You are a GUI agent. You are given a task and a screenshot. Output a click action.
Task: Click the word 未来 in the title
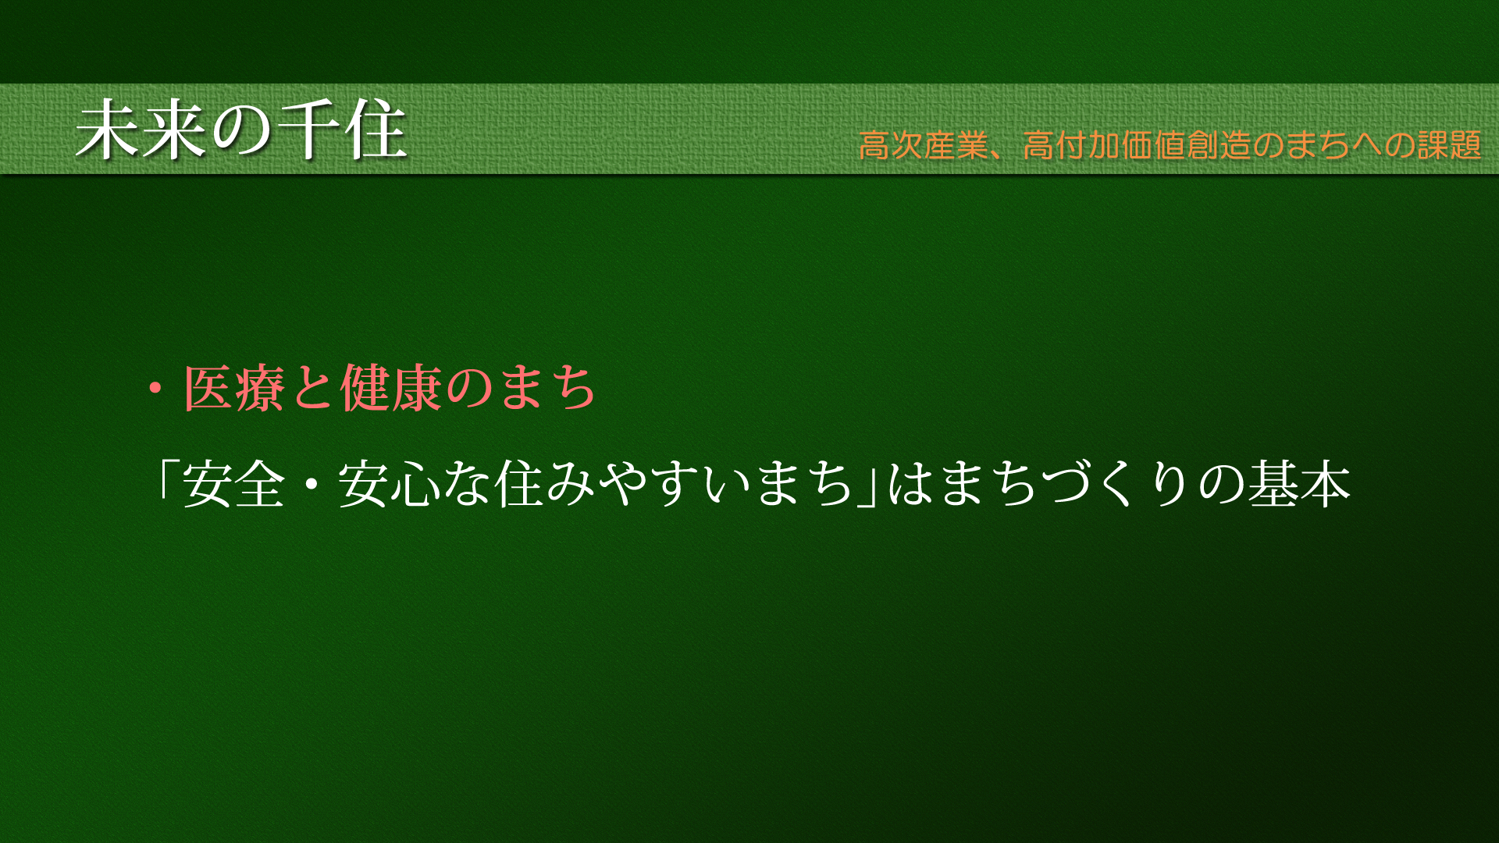(x=142, y=130)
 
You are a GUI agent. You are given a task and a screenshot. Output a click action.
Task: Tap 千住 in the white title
(x=342, y=130)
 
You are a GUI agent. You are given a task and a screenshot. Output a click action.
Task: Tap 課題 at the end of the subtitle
(x=1450, y=145)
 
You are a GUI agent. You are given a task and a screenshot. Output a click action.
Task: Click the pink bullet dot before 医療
(x=156, y=388)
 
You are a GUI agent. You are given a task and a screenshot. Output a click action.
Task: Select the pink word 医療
(x=234, y=388)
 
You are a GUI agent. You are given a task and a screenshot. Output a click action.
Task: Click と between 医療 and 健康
(x=313, y=389)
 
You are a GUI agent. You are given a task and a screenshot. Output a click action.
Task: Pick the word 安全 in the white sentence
(x=233, y=484)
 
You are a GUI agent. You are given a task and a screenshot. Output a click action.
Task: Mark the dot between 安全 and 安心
(x=312, y=484)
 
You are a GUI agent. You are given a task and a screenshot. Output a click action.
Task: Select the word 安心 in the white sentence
(x=388, y=484)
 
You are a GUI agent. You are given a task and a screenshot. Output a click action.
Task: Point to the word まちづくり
(x=1066, y=484)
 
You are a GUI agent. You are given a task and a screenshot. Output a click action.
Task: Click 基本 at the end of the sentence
(x=1300, y=484)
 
